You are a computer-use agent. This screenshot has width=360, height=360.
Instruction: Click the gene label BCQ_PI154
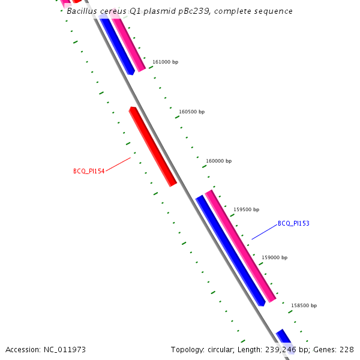pos(89,171)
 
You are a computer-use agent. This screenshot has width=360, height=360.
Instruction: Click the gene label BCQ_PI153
pos(293,223)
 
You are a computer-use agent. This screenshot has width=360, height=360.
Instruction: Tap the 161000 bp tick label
pos(165,62)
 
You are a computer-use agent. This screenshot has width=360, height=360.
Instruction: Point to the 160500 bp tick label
pos(191,112)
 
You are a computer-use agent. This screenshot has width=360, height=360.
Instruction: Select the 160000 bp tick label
pos(218,161)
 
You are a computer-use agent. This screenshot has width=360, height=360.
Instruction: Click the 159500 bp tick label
pos(246,209)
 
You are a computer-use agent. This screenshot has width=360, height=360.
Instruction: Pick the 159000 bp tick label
pos(274,257)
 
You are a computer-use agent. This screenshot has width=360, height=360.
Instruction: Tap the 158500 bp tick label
pos(304,305)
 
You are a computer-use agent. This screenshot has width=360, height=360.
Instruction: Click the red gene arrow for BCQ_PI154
pos(153,146)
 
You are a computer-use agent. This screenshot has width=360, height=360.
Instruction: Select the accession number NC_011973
pos(64,349)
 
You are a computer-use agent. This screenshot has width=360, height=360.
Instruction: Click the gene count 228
pos(347,349)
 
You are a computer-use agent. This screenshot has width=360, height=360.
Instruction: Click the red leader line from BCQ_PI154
pos(118,164)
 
